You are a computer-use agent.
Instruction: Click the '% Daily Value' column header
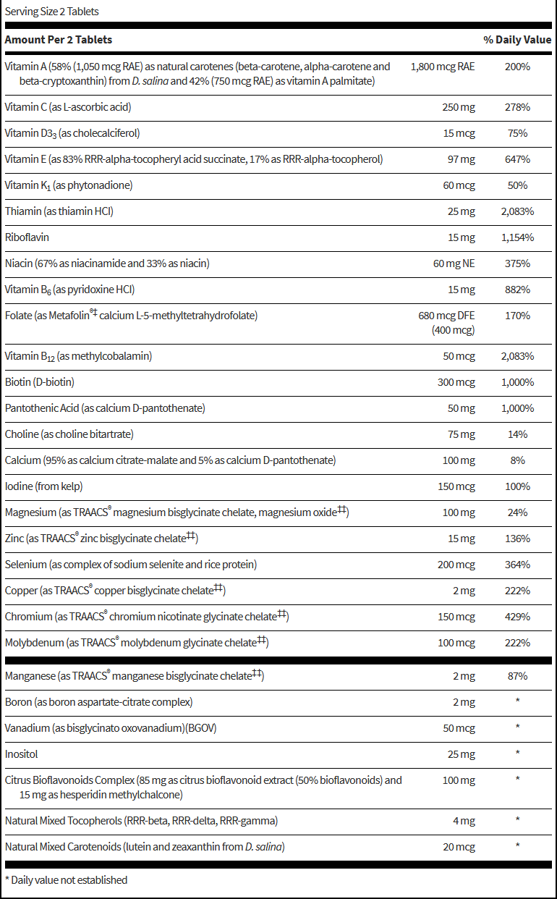click(517, 40)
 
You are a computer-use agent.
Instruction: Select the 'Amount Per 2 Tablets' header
click(59, 40)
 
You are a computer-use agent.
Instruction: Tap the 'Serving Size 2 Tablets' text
click(51, 12)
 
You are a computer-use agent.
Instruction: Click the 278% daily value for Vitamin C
click(517, 107)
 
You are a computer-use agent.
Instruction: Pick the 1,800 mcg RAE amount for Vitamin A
click(443, 67)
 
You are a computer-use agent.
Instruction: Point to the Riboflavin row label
click(27, 237)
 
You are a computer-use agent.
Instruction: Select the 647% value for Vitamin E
click(517, 159)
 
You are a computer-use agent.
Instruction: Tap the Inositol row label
click(22, 754)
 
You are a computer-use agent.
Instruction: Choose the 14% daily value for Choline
click(517, 434)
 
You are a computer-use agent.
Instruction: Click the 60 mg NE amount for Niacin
click(454, 263)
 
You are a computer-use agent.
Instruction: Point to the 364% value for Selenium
click(517, 565)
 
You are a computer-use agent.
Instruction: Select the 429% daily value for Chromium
click(517, 617)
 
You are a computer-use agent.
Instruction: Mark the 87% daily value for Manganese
click(517, 676)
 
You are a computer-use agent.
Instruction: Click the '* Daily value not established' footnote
click(66, 880)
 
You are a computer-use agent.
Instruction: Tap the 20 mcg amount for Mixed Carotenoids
click(459, 847)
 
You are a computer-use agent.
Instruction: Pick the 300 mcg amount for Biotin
click(456, 382)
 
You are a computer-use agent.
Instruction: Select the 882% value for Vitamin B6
click(517, 290)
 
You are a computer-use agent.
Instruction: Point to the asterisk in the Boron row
click(517, 702)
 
